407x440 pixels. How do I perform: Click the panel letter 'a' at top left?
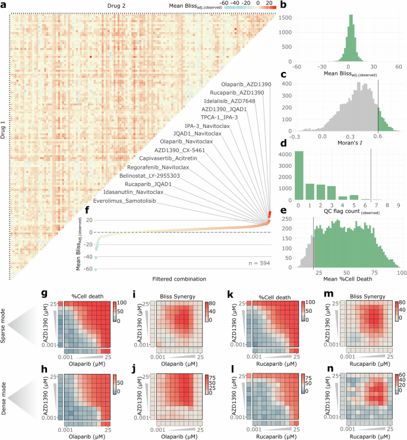pos(4,5)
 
